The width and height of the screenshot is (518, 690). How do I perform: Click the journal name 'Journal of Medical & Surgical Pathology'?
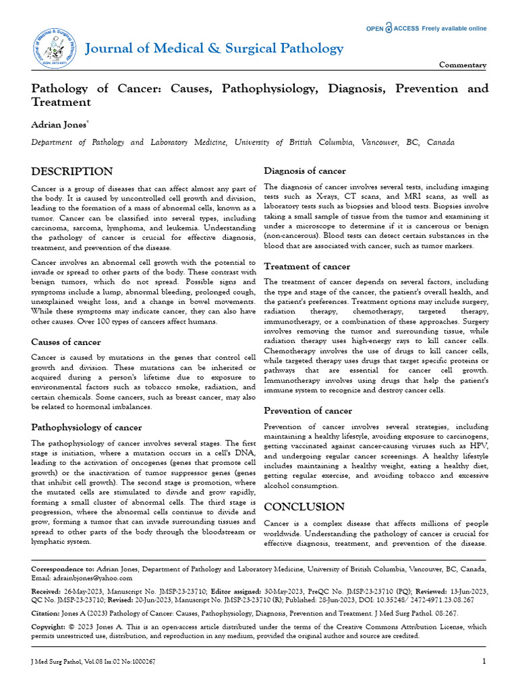pyautogui.click(x=214, y=48)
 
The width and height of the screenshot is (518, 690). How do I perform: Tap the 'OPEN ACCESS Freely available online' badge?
pyautogui.click(x=426, y=28)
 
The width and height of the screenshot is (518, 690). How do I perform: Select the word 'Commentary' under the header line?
pyautogui.click(x=463, y=65)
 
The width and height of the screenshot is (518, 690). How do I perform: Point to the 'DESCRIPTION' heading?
pyautogui.click(x=72, y=171)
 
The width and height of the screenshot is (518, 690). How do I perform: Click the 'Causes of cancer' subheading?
pyautogui.click(x=66, y=342)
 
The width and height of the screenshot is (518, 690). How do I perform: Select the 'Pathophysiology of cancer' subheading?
pyautogui.click(x=86, y=427)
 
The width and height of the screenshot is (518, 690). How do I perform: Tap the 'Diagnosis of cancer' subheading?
pyautogui.click(x=305, y=171)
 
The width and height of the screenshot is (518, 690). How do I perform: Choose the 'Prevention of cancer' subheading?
pyautogui.click(x=308, y=410)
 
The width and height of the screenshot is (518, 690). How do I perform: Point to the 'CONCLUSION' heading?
pyautogui.click(x=304, y=507)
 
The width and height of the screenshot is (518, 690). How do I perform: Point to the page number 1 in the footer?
pyautogui.click(x=484, y=662)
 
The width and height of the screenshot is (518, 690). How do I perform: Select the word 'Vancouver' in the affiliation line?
pyautogui.click(x=384, y=143)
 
